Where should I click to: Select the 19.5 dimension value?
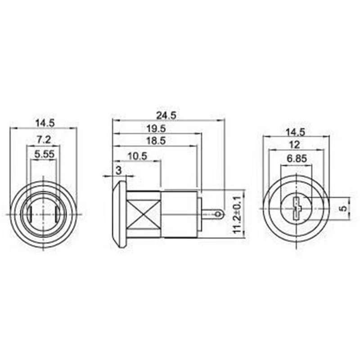(156, 128)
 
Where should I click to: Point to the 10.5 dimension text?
(137, 156)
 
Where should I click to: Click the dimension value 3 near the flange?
(118, 170)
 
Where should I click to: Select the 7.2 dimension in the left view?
(43, 140)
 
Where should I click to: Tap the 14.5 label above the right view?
(295, 132)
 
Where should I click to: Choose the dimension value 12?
(295, 144)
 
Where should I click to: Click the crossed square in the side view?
(144, 214)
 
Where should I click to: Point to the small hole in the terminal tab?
(219, 213)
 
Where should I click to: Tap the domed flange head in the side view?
(119, 214)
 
